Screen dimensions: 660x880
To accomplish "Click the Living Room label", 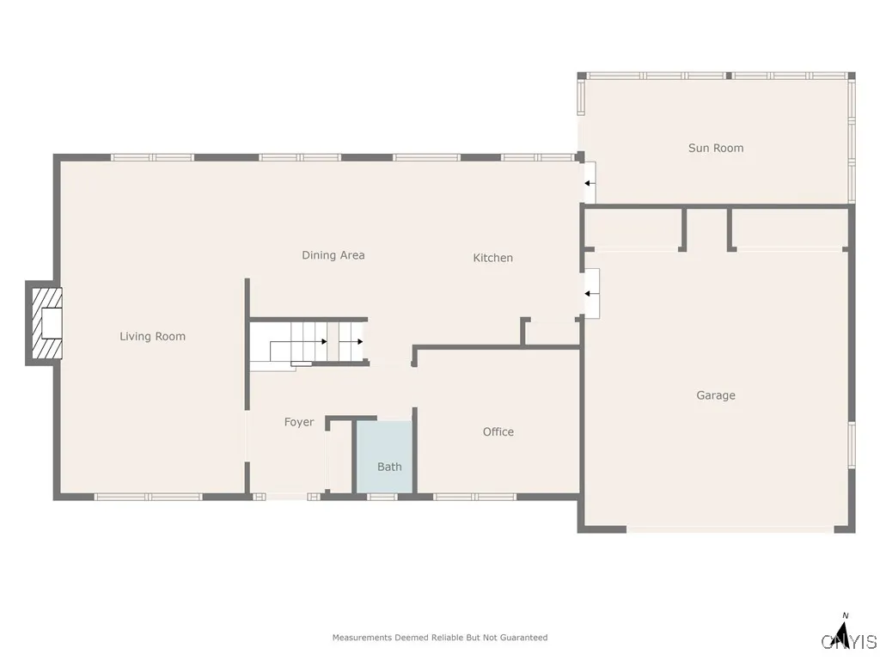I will (152, 336).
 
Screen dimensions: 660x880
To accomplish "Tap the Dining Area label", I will (333, 254).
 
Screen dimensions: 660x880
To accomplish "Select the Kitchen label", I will (493, 258).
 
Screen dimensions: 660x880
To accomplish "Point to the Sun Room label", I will (716, 148).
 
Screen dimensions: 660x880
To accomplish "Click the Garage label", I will (716, 395).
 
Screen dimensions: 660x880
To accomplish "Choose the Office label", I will (498, 431).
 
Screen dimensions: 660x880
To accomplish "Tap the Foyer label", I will (299, 422).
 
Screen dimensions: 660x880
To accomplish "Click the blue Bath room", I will (385, 455).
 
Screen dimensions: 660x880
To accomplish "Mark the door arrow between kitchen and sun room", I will (590, 183).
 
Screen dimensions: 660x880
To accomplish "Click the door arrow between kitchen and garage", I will (590, 294).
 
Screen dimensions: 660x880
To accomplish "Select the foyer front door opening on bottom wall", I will (286, 496).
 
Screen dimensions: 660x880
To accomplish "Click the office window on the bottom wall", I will (474, 496).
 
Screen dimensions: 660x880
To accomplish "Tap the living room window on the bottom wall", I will (148, 496).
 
